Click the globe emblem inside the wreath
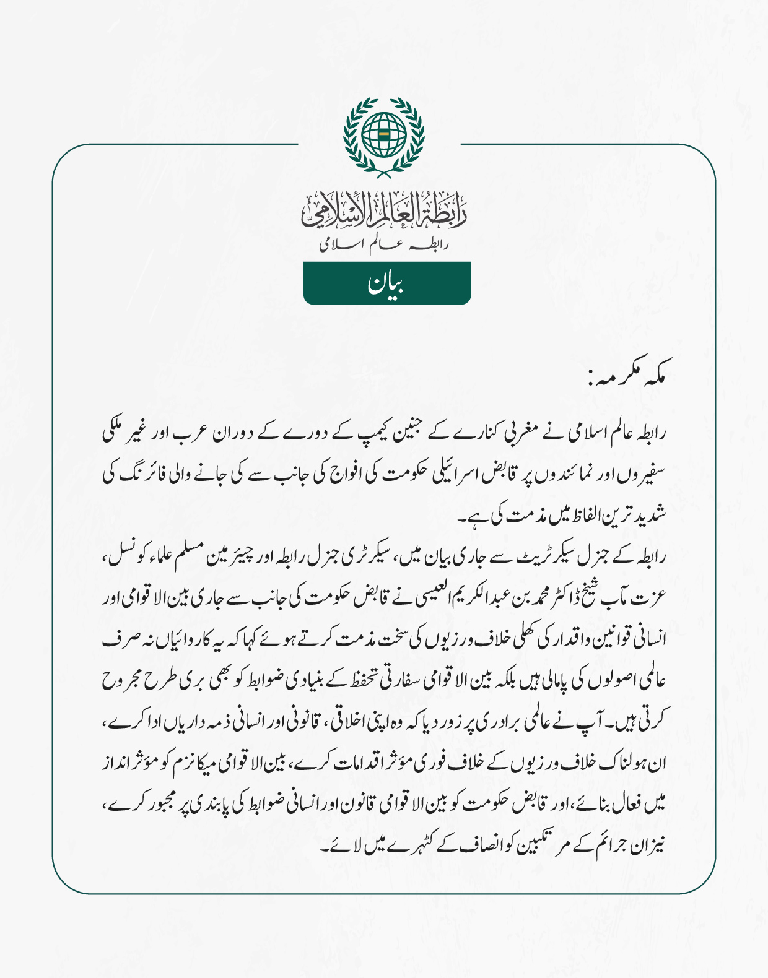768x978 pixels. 384,134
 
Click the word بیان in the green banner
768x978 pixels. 386,284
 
